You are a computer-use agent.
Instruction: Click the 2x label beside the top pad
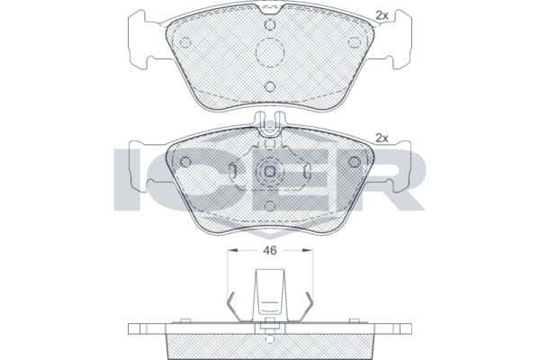pyautogui.click(x=382, y=15)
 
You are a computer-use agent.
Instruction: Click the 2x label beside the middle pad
pyautogui.click(x=382, y=138)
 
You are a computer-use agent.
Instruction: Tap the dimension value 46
pyautogui.click(x=270, y=250)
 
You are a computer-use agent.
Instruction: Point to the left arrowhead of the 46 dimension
pyautogui.click(x=232, y=250)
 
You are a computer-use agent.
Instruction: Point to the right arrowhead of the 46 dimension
pyautogui.click(x=308, y=250)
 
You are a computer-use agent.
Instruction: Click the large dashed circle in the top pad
pyautogui.click(x=270, y=52)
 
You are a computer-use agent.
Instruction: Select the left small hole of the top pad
pyautogui.click(x=185, y=42)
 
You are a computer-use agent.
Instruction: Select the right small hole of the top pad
pyautogui.click(x=354, y=42)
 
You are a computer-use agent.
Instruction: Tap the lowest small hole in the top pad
pyautogui.click(x=270, y=86)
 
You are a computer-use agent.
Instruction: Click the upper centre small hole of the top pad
pyautogui.click(x=270, y=24)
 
